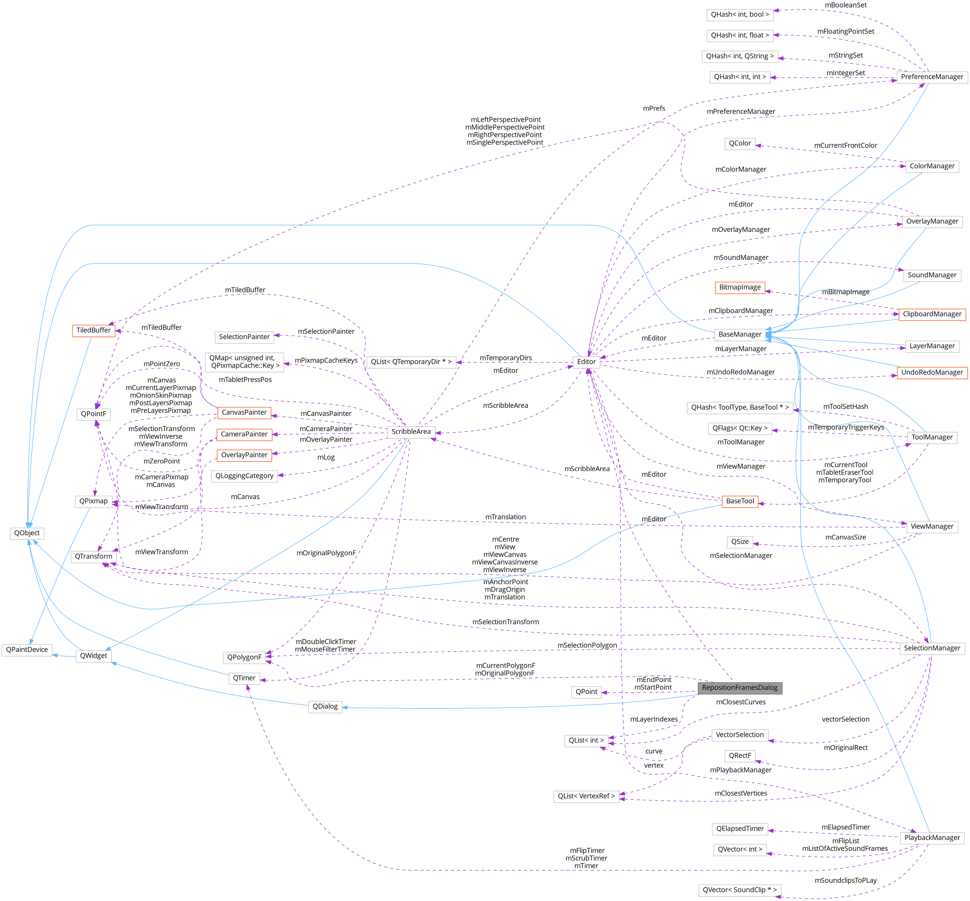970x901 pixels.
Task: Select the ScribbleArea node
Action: point(411,431)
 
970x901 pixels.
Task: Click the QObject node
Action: point(27,533)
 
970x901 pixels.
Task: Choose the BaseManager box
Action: point(739,335)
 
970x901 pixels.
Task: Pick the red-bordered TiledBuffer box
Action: point(94,330)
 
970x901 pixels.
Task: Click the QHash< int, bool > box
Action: point(739,14)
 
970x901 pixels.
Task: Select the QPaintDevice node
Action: point(27,649)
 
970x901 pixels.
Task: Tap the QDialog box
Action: point(325,706)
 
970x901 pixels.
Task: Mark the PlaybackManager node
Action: point(932,838)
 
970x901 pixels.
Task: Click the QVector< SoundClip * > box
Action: point(739,890)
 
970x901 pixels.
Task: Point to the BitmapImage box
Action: point(739,287)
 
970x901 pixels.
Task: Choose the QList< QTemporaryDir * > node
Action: point(411,362)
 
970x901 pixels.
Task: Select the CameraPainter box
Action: point(244,434)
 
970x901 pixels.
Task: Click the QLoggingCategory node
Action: point(244,476)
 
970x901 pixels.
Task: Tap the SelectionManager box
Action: point(932,648)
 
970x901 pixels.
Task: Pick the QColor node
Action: point(739,143)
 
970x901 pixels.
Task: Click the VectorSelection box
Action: point(739,735)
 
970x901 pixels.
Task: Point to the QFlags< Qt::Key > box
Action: point(739,428)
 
